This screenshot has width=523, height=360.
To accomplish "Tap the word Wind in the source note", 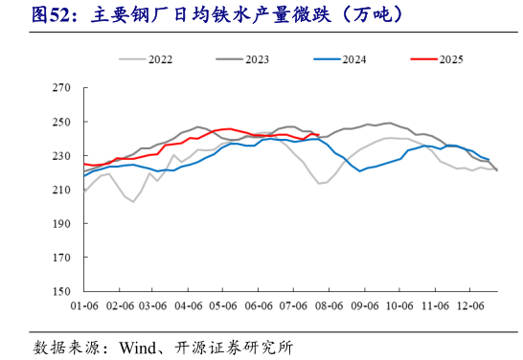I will pos(137,346).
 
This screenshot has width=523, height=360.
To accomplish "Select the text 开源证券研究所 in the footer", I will pos(231,346).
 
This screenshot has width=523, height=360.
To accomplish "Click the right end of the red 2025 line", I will pos(319,135).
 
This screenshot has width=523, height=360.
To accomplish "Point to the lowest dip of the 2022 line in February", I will pos(133,202).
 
